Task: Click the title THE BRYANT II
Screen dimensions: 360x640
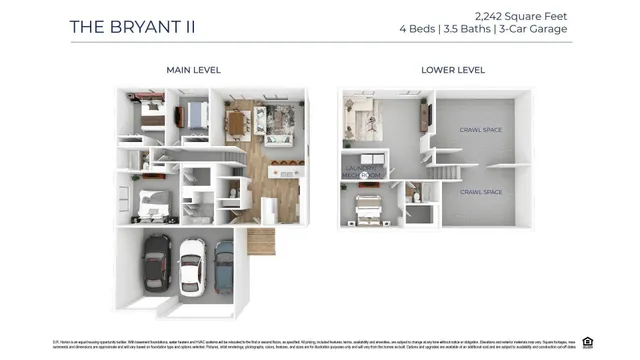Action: [x=132, y=26]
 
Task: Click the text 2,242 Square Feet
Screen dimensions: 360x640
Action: [x=522, y=16]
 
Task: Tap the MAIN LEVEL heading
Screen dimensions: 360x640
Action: [x=193, y=70]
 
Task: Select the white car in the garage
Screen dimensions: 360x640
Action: [x=192, y=268]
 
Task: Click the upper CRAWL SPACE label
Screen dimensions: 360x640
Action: [x=480, y=130]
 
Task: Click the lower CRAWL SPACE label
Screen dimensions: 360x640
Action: [x=480, y=191]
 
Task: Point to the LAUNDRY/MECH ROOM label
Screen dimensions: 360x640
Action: [x=365, y=172]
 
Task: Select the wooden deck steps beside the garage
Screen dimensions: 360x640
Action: [x=260, y=241]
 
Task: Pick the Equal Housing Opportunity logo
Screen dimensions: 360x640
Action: [x=588, y=341]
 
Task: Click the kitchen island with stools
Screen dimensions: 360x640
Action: [x=284, y=171]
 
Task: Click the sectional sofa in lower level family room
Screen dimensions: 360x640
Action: [x=360, y=118]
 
